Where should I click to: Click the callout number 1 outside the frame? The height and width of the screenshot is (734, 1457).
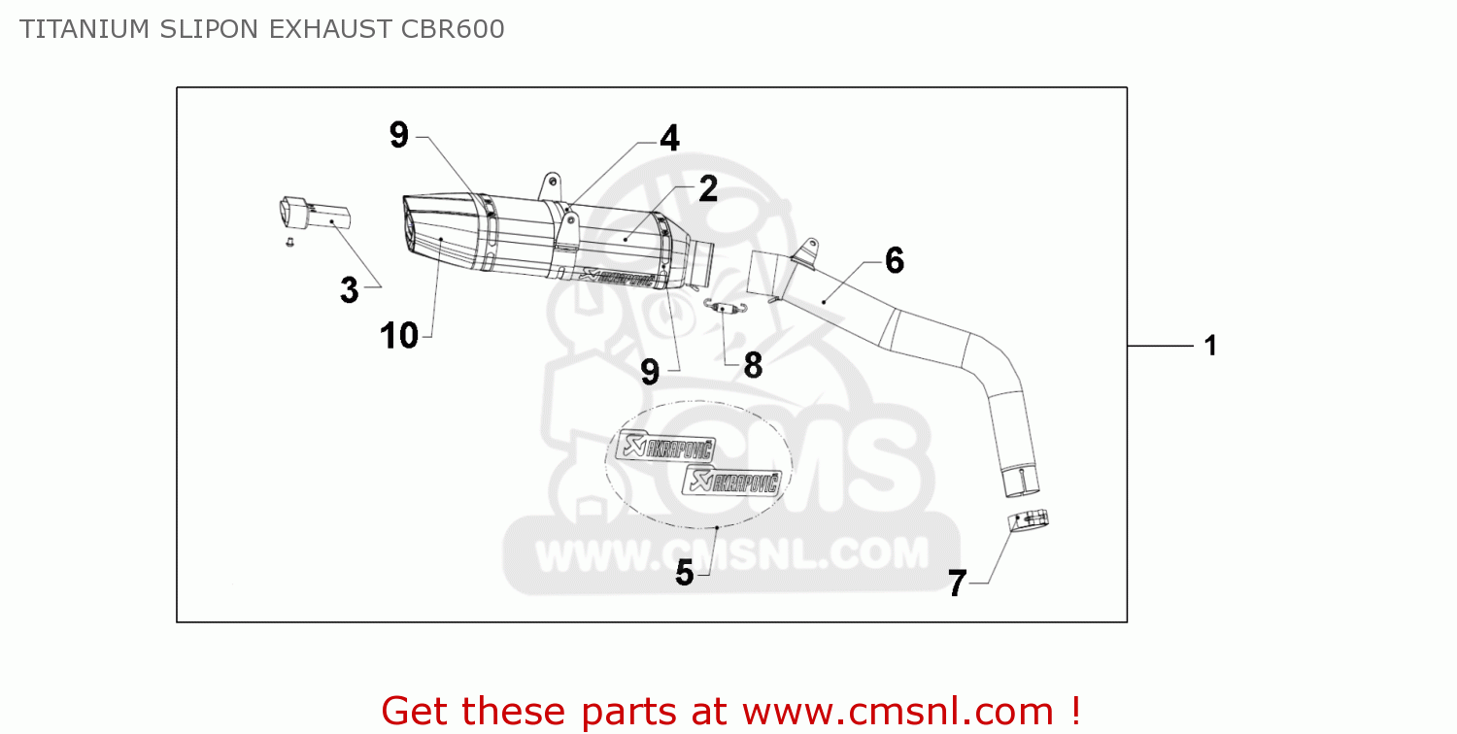coord(1210,346)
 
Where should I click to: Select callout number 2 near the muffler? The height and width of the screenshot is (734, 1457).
coord(707,188)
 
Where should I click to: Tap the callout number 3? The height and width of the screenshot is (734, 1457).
coord(350,289)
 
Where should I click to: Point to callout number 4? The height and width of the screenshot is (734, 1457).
coord(669,139)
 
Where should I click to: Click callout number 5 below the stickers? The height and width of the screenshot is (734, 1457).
coord(685,574)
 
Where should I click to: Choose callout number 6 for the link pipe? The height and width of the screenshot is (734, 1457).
coord(894,260)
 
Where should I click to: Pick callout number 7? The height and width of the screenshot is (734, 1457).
coord(957,584)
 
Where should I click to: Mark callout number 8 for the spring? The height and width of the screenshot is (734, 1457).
coord(753,366)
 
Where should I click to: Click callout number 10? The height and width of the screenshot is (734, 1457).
coord(399,336)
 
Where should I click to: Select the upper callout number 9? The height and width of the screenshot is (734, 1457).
coord(399,135)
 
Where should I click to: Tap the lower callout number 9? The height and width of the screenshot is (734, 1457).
coord(650,371)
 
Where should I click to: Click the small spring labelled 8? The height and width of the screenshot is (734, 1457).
coord(724,308)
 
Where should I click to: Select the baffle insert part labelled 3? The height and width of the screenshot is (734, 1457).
coord(311,214)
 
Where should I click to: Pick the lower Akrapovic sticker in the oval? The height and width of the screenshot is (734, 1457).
coord(736,480)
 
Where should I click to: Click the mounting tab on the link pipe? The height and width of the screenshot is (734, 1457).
coord(802,250)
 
